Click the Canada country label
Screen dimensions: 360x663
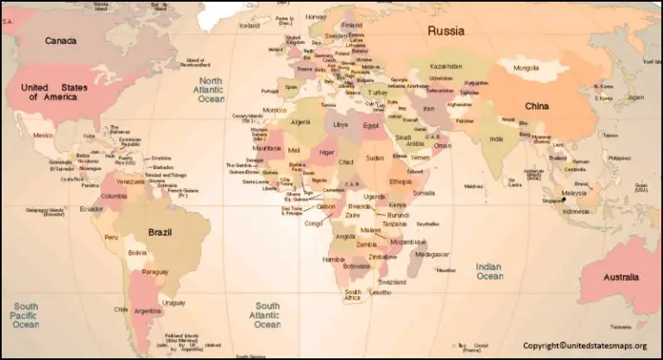coord(60,41)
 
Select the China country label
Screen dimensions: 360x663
coord(537,106)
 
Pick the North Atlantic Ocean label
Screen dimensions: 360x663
coord(212,90)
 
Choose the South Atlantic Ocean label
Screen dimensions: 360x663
coord(267,315)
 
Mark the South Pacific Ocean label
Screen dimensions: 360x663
coord(25,315)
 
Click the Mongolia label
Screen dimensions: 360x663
coord(526,67)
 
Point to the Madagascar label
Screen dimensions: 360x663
coord(433,254)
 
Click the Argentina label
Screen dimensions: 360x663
coord(148,310)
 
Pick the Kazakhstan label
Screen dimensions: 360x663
coord(446,66)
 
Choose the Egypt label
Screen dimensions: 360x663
coord(370,125)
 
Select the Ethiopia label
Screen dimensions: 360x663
coord(401,182)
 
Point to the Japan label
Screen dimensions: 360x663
coord(635,98)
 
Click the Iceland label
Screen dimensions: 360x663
coord(249,26)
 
